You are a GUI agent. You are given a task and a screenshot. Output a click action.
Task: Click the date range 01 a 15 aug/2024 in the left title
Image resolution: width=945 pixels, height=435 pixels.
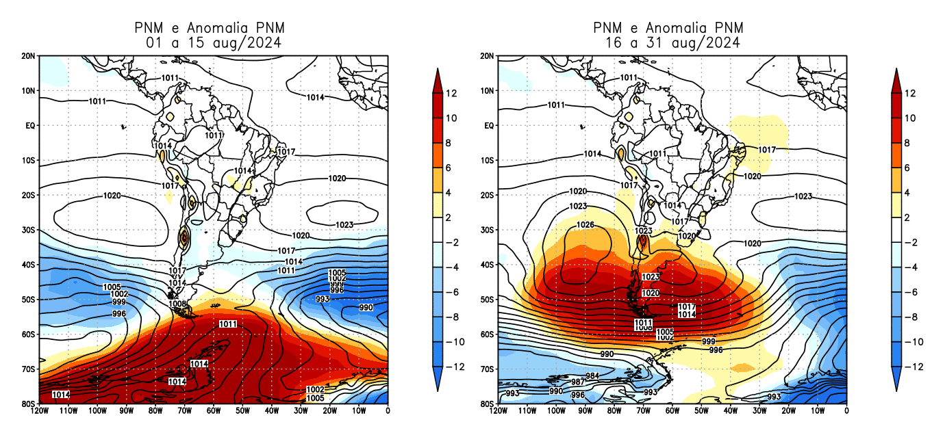214,42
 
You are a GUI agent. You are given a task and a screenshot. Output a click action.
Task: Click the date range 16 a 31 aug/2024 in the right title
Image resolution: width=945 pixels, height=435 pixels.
672,42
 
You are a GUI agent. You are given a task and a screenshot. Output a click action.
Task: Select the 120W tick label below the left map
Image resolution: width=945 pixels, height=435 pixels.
39,411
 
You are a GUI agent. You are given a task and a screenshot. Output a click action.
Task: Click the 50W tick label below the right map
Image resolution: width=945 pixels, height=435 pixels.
701,411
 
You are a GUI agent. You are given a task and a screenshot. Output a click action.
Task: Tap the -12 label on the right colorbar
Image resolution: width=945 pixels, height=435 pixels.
914,367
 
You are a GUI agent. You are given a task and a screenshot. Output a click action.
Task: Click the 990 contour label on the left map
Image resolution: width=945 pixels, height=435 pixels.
366,308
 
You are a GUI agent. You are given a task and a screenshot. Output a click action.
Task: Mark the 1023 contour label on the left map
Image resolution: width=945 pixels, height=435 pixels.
344,225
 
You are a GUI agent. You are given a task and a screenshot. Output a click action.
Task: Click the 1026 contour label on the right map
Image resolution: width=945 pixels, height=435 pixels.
585,225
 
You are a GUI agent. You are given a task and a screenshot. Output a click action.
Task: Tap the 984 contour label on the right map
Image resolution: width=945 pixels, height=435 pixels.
592,376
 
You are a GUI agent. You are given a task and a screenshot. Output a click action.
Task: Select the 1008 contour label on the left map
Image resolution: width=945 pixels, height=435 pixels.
177,303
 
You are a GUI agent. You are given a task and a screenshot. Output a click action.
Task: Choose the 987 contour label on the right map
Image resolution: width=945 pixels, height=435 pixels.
577,382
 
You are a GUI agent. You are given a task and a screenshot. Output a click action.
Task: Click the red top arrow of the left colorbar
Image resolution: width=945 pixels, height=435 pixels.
438,78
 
